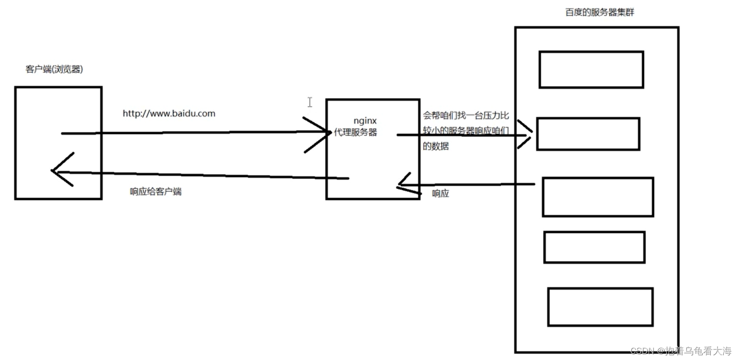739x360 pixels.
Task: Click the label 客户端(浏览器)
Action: (54, 70)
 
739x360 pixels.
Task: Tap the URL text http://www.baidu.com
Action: (169, 114)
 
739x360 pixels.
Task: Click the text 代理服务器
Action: (356, 133)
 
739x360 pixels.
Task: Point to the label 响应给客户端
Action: (155, 192)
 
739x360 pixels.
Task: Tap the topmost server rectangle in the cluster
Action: (591, 70)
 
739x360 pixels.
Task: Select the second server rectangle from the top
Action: (588, 134)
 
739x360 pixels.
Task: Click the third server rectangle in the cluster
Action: (598, 197)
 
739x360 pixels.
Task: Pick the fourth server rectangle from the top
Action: (594, 247)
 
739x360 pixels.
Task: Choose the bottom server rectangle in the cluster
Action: (600, 307)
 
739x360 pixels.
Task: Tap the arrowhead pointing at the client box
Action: (60, 170)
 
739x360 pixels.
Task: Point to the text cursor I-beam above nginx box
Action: (310, 102)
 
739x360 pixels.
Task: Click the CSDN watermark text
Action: (681, 351)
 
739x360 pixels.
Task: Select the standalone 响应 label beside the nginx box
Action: (440, 194)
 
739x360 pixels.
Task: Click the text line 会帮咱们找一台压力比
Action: (466, 116)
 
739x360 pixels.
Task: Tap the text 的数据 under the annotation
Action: (435, 147)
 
